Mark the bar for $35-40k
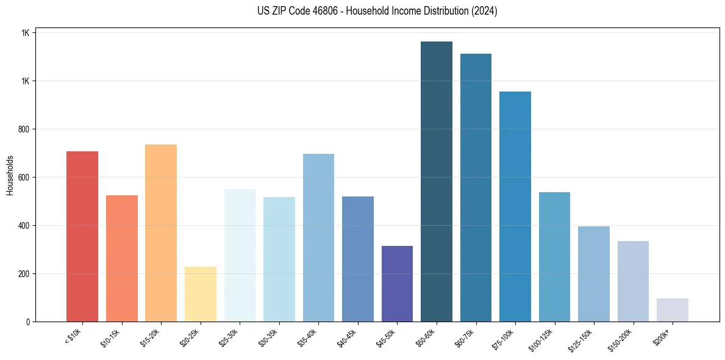318,237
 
